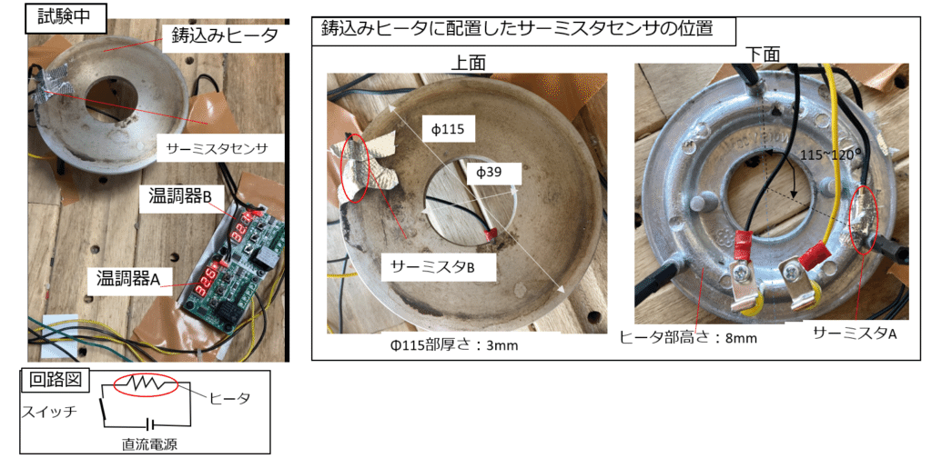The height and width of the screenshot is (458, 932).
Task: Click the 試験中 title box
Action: coord(65,17)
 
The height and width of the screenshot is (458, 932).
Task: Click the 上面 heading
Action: coord(468,63)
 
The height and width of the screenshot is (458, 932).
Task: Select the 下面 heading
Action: coord(763,54)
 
